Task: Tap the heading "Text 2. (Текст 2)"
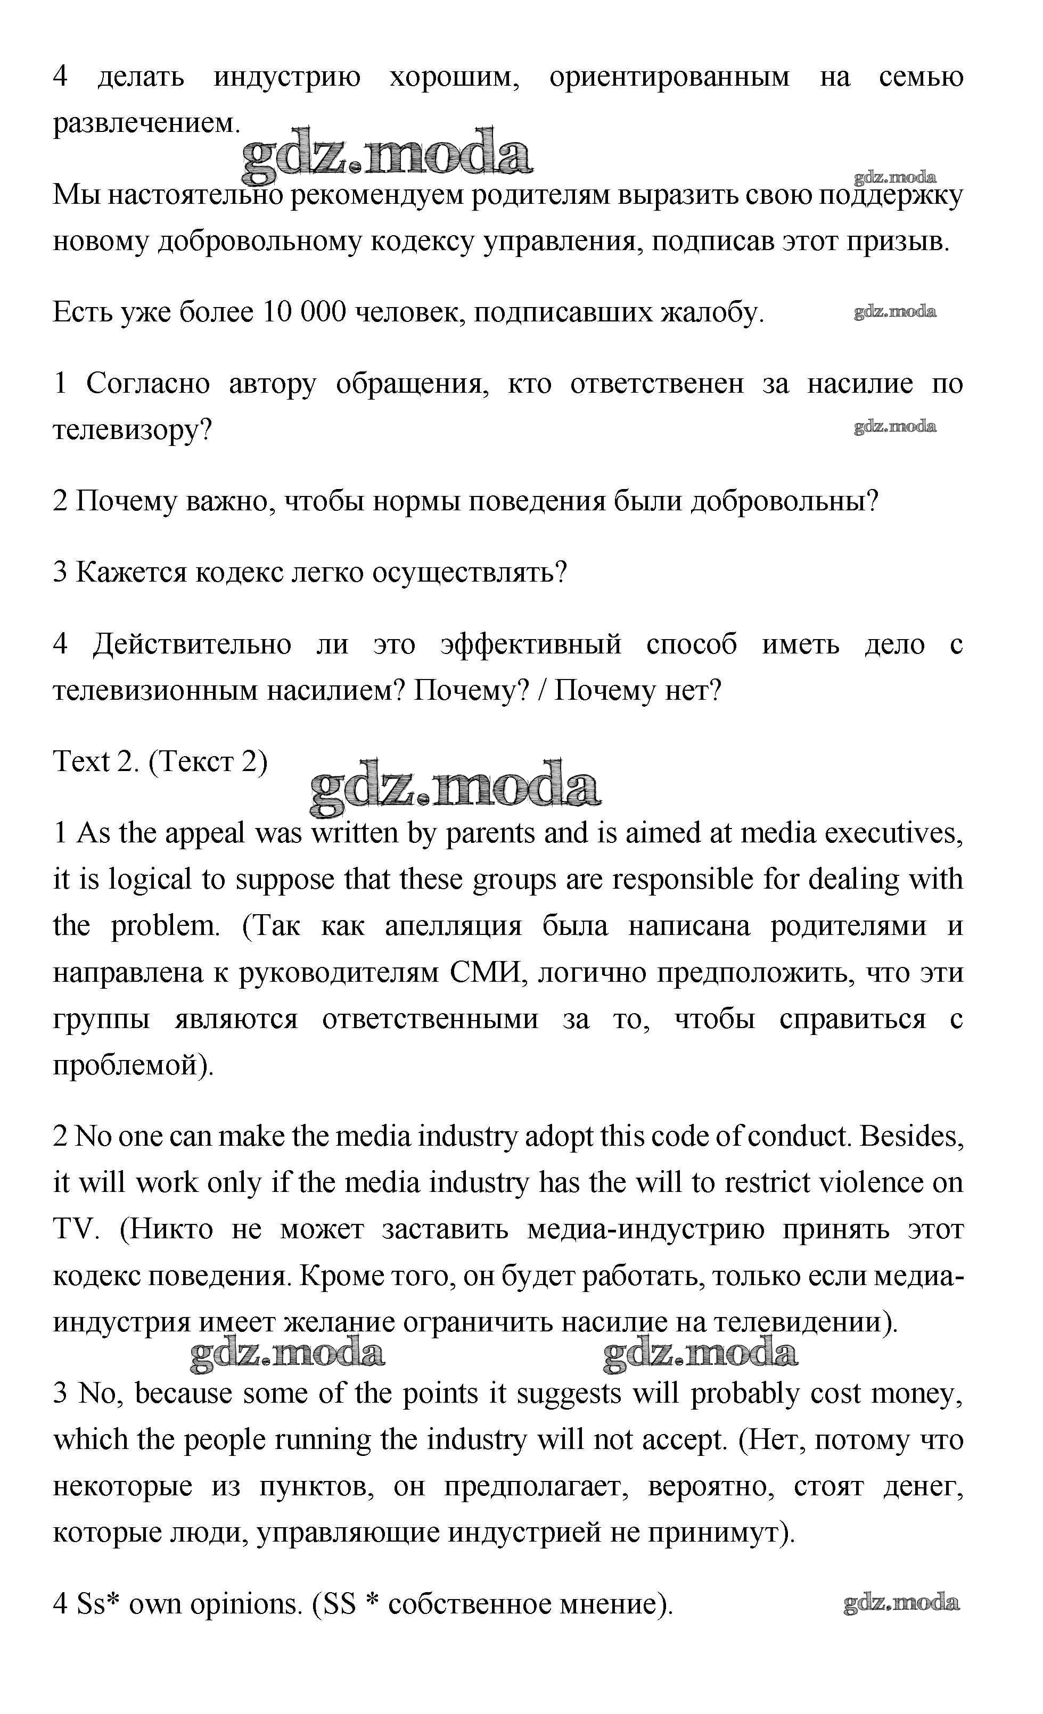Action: click(x=160, y=761)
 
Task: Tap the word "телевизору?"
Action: click(x=132, y=430)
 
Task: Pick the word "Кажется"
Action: click(x=131, y=573)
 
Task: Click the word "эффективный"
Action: click(x=531, y=644)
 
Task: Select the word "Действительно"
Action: click(x=192, y=644)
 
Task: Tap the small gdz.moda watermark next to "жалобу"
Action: click(x=895, y=312)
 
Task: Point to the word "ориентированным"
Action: click(x=669, y=77)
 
